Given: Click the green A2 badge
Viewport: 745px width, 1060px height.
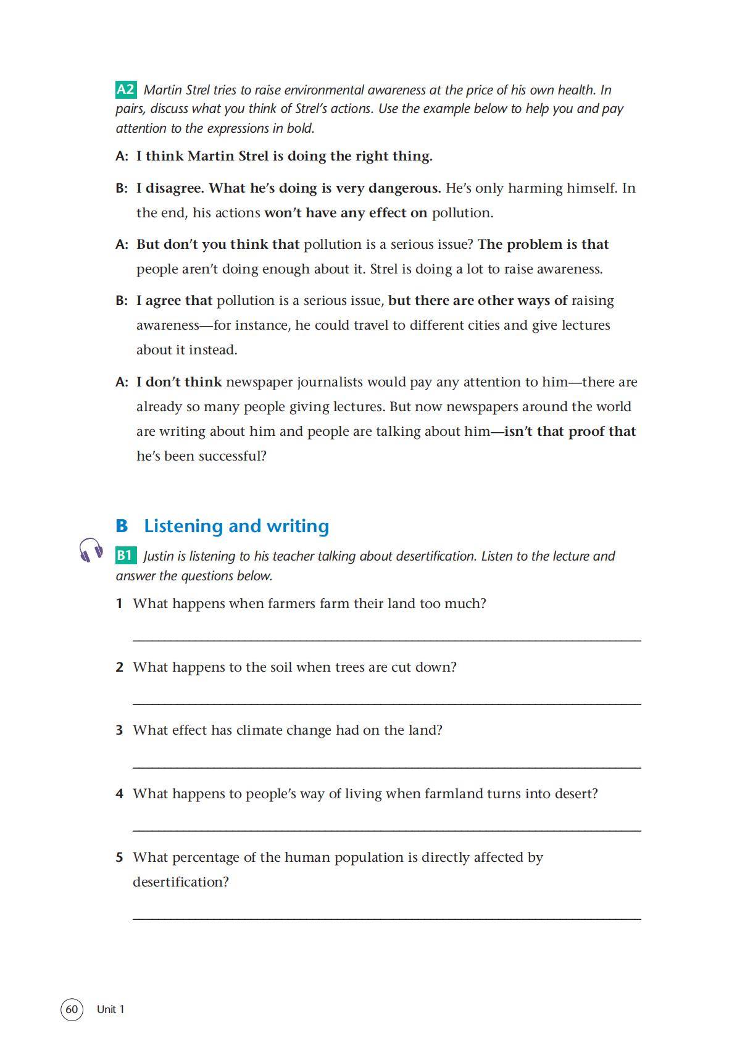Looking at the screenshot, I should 125,90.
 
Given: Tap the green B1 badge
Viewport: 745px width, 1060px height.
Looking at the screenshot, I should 125,555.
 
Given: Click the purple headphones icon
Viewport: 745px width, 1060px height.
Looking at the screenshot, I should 91,549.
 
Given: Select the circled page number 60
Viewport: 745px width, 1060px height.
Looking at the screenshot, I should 72,1009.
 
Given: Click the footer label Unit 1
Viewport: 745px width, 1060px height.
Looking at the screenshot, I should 110,1009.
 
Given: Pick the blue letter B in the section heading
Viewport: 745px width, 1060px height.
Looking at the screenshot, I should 122,526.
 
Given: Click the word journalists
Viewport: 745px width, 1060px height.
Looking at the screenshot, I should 330,382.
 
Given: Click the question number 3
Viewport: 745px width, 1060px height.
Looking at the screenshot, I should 119,730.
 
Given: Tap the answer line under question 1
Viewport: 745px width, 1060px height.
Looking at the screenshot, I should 387,640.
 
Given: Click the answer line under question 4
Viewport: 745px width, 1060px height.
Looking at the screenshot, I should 387,830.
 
